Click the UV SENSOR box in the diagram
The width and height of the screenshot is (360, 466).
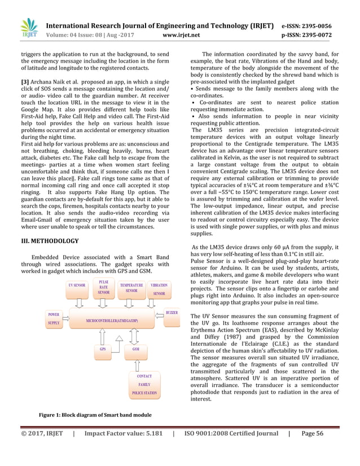tap(77, 286)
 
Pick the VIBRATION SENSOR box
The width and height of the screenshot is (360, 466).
tap(160, 289)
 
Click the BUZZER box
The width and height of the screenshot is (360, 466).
tap(172, 313)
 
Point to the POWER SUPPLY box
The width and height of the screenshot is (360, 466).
tap(54, 319)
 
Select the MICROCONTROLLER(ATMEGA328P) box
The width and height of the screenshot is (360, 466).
tap(112, 320)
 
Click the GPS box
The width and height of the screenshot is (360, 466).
tap(103, 349)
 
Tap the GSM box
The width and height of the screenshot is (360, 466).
tap(136, 349)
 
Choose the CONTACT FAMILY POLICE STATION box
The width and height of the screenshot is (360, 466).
tap(144, 384)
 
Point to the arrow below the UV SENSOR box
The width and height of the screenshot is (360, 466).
tap(78, 302)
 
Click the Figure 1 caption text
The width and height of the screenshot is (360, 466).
tap(95, 416)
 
